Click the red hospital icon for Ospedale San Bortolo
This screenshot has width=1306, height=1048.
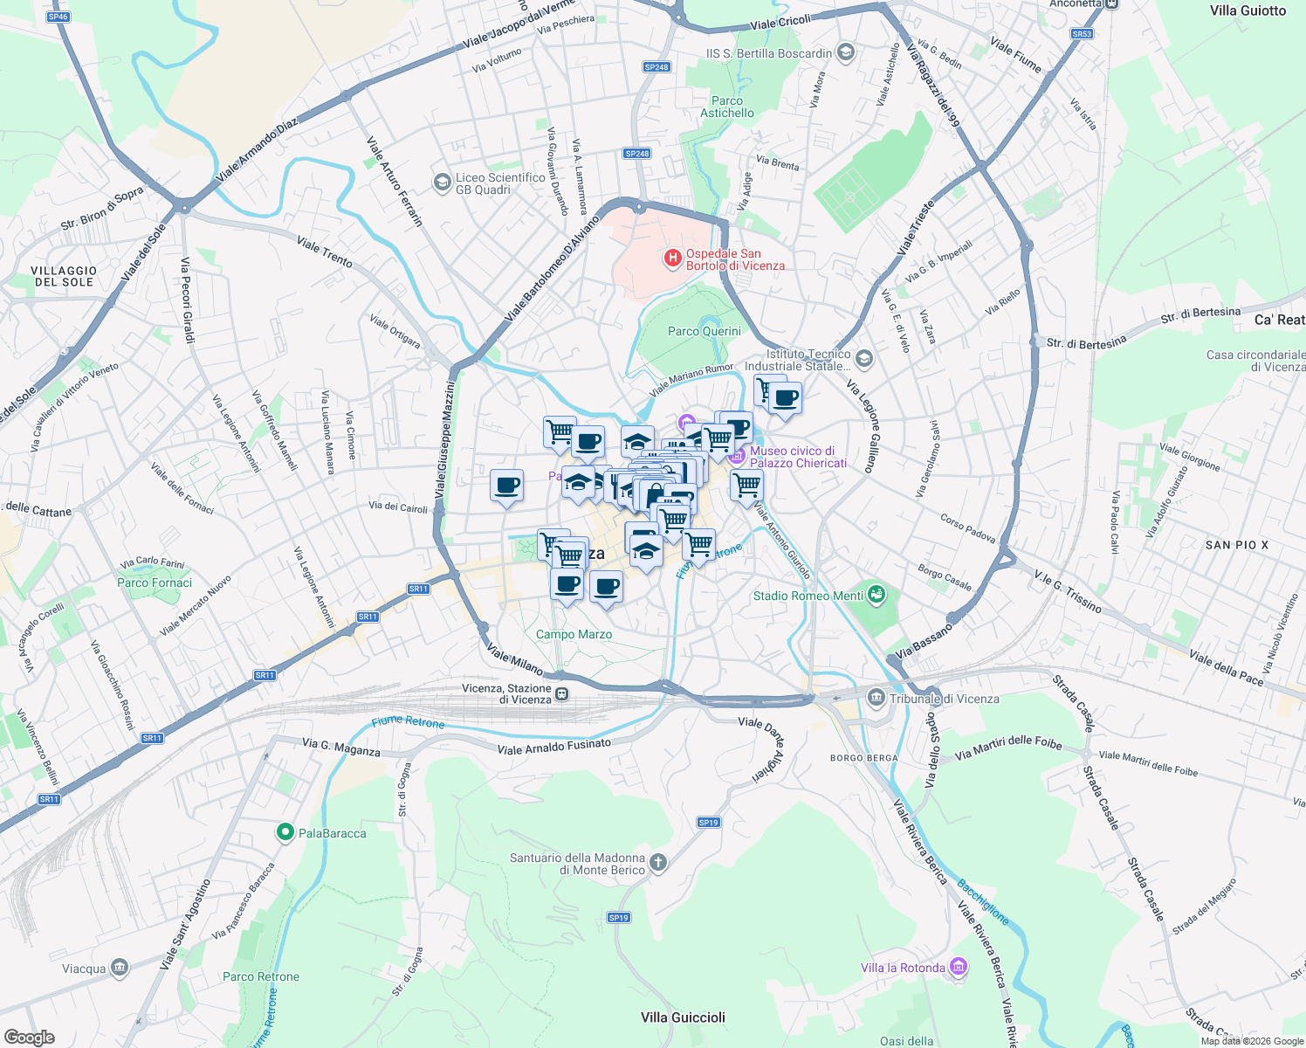point(672,258)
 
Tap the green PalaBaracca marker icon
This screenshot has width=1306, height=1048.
point(285,833)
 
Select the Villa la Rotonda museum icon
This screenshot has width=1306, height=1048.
point(959,967)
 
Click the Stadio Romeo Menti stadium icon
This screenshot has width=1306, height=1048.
point(877,596)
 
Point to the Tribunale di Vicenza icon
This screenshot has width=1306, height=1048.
point(876,698)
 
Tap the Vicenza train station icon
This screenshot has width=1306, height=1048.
point(562,694)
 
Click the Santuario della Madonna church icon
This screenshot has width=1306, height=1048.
point(658,863)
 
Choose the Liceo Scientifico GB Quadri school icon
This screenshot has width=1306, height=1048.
point(443,183)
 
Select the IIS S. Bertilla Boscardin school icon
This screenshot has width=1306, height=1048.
point(844,53)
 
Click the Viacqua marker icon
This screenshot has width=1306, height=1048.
point(120,968)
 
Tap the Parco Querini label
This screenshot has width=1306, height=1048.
point(704,331)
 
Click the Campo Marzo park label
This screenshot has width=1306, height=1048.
point(574,634)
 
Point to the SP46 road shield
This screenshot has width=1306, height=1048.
point(58,17)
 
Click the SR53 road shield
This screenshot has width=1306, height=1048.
point(1082,34)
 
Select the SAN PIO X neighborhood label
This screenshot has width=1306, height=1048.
point(1236,545)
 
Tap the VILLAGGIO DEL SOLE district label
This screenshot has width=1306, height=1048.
point(65,276)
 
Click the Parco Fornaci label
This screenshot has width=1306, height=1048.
point(155,583)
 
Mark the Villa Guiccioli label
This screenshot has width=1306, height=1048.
point(683,1017)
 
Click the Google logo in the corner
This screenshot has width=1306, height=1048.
point(29,1037)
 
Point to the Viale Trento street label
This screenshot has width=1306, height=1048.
point(325,252)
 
